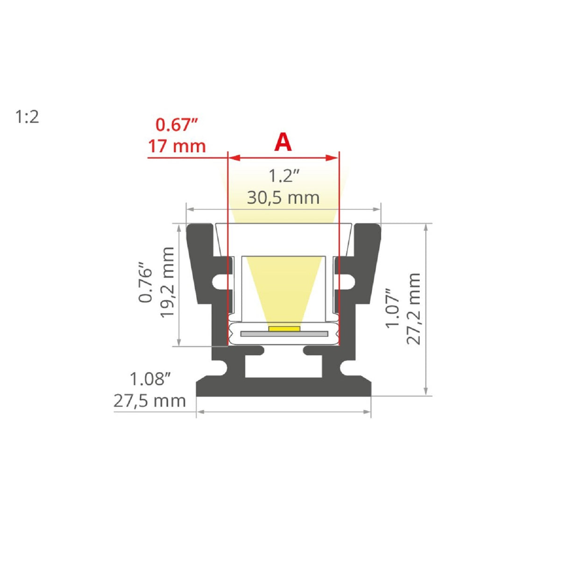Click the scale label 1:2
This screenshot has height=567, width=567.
(x=27, y=117)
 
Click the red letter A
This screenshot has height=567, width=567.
(x=283, y=142)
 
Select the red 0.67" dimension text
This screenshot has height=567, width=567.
(x=177, y=125)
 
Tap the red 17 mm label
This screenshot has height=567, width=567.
(x=177, y=146)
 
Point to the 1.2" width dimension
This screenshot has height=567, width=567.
(x=283, y=176)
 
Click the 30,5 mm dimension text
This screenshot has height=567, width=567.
(x=283, y=198)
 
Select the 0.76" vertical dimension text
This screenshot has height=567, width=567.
(x=146, y=285)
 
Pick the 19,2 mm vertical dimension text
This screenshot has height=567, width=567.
(x=167, y=283)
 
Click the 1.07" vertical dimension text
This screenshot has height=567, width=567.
(x=392, y=308)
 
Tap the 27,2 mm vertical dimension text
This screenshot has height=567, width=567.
(x=414, y=309)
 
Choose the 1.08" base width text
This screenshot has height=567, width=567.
(x=150, y=379)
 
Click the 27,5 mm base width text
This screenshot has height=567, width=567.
(x=149, y=401)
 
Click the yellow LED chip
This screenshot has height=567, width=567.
(x=284, y=329)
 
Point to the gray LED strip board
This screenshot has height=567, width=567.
(x=284, y=334)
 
